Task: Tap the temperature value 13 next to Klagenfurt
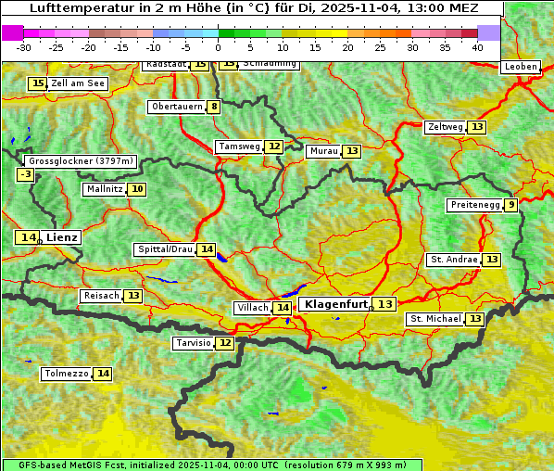[x=385, y=304]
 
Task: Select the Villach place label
[x=252, y=308]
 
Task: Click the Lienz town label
[x=63, y=237]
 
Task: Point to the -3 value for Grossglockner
[x=26, y=174]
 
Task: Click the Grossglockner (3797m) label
[x=82, y=160]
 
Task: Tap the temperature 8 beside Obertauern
[x=215, y=107]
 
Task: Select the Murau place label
[x=323, y=151]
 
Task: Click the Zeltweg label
[x=446, y=127]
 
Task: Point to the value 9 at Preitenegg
[x=511, y=205]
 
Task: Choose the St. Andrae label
[x=454, y=260]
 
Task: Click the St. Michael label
[x=435, y=319]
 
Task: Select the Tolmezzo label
[x=67, y=374]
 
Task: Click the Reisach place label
[x=101, y=296]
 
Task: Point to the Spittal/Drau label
[x=165, y=249]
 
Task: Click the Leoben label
[x=521, y=67]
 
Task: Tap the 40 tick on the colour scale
[x=477, y=46]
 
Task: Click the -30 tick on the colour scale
[x=24, y=46]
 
